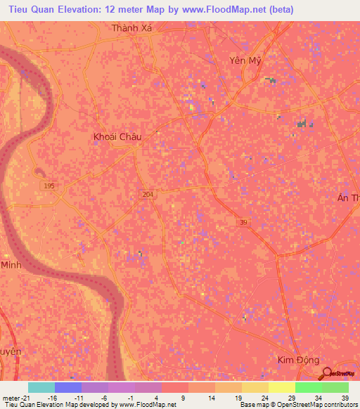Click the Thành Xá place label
[131, 29]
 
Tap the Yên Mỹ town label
[245, 60]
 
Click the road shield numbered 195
[49, 185]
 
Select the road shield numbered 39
[242, 221]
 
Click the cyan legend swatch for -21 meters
[41, 387]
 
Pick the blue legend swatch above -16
[68, 387]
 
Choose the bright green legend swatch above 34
[308, 387]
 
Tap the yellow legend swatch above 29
[281, 387]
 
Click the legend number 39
[344, 397]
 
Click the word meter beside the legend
[12, 397]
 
